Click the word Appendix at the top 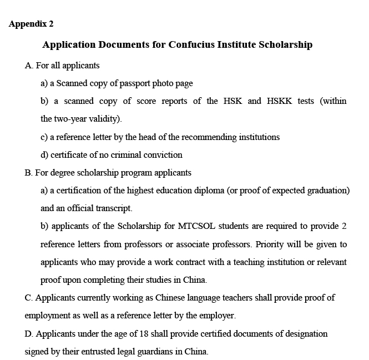click(27, 24)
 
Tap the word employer click(219, 316)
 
